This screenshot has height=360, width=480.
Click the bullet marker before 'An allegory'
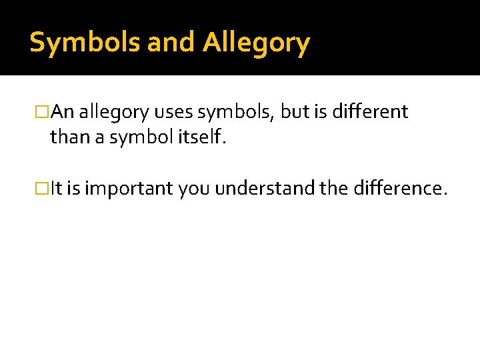pos(43,113)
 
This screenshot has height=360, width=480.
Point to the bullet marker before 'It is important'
pos(43,189)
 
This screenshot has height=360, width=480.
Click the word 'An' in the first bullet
pos(63,112)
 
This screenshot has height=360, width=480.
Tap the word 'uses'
pos(175,113)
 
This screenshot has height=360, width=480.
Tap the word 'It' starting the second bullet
pos(57,189)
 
